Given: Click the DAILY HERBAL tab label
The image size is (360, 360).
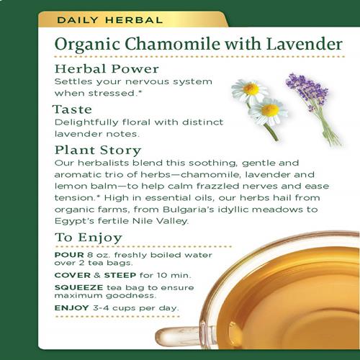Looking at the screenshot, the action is [x=110, y=20].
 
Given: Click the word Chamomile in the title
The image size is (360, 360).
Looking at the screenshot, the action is [x=172, y=44].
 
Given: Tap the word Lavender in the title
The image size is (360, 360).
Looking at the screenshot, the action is [x=305, y=44].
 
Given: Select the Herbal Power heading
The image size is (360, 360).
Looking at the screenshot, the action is [x=107, y=69].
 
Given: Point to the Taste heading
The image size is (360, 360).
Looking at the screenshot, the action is [x=72, y=109].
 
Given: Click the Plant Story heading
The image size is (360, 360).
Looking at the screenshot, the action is [x=98, y=150].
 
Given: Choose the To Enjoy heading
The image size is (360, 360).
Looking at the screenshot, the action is [x=89, y=238].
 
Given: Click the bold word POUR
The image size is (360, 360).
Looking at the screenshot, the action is [x=69, y=255].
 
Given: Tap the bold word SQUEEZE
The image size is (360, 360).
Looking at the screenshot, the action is [x=78, y=287].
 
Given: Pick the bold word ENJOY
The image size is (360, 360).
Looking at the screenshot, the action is [x=72, y=307].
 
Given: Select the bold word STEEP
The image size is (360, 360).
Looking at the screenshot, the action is [x=120, y=275].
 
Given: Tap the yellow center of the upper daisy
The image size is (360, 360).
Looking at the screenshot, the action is [x=251, y=89].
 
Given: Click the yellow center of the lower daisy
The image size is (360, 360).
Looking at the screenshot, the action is [x=270, y=110].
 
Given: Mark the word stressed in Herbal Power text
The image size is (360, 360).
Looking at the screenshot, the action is [x=112, y=94].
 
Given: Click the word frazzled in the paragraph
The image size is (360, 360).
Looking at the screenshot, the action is [x=218, y=186].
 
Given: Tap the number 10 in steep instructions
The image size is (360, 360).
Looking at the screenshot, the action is [x=162, y=275].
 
